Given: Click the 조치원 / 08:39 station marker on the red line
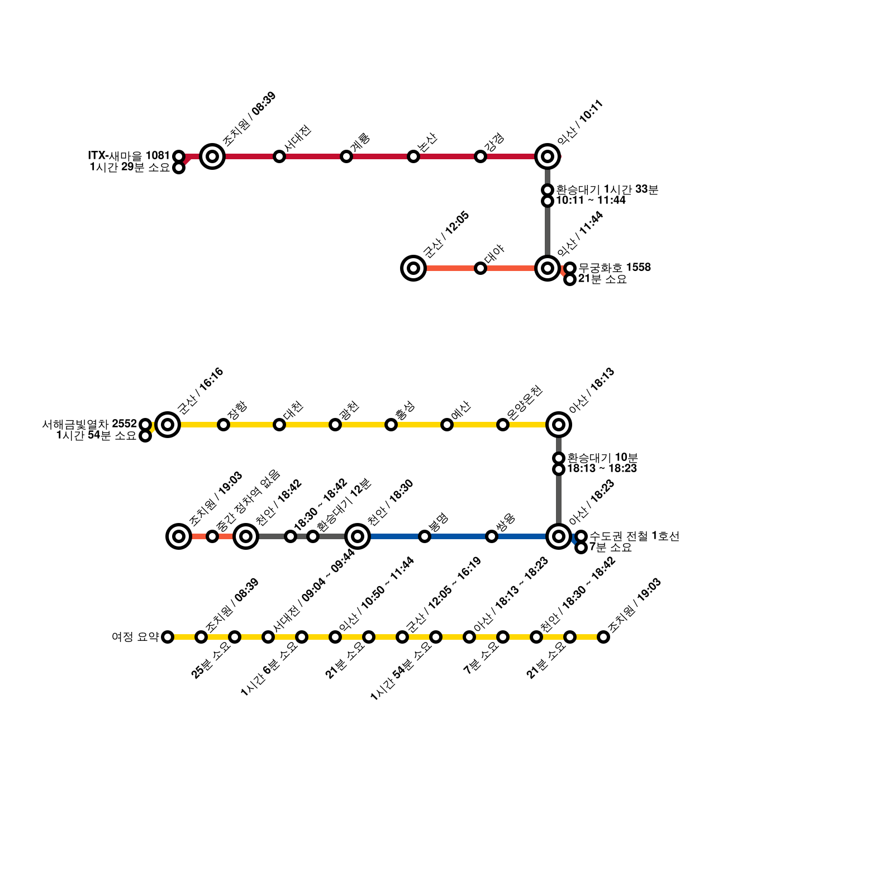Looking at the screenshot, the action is coord(212,156).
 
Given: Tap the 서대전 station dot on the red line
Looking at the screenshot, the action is coord(279,156).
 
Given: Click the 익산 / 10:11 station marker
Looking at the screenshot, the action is coord(548,156).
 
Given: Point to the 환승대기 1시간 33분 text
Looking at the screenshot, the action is coord(607,189).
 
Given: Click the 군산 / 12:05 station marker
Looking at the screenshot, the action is coord(413,268).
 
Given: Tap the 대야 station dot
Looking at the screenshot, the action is coord(481,268).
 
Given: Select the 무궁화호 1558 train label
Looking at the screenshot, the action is coord(614,268).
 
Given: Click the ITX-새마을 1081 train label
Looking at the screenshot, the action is coord(129,155).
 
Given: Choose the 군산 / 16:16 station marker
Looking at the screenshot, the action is coord(168,425).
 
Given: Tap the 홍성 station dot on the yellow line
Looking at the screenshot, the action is coord(391,425).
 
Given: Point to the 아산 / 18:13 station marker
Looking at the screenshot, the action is coord(559,425).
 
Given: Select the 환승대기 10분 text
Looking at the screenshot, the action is coord(602,458).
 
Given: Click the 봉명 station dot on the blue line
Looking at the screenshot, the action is coord(425,536).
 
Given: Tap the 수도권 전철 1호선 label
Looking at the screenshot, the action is coord(634,536).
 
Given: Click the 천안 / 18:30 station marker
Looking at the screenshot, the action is coord(358,536).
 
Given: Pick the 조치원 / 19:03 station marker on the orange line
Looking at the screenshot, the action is coord(179,536).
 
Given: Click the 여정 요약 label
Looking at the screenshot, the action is coord(135,637).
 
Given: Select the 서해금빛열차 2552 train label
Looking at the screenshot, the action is coord(89,425).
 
